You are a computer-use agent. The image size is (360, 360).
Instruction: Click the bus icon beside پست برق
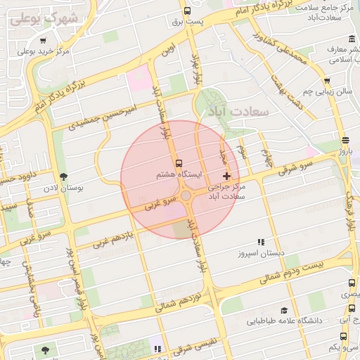click(x=187, y=11)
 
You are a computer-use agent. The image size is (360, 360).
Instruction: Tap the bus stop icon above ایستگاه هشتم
click(x=178, y=161)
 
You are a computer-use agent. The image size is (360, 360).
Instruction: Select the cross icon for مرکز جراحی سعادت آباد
click(x=226, y=174)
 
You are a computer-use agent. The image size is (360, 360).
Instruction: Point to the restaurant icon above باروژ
click(x=345, y=139)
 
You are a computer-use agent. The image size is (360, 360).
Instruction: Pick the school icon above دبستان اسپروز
click(x=261, y=241)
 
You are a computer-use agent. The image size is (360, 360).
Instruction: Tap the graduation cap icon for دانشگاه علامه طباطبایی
click(x=284, y=310)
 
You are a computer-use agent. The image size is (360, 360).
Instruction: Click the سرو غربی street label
click(x=158, y=203)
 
